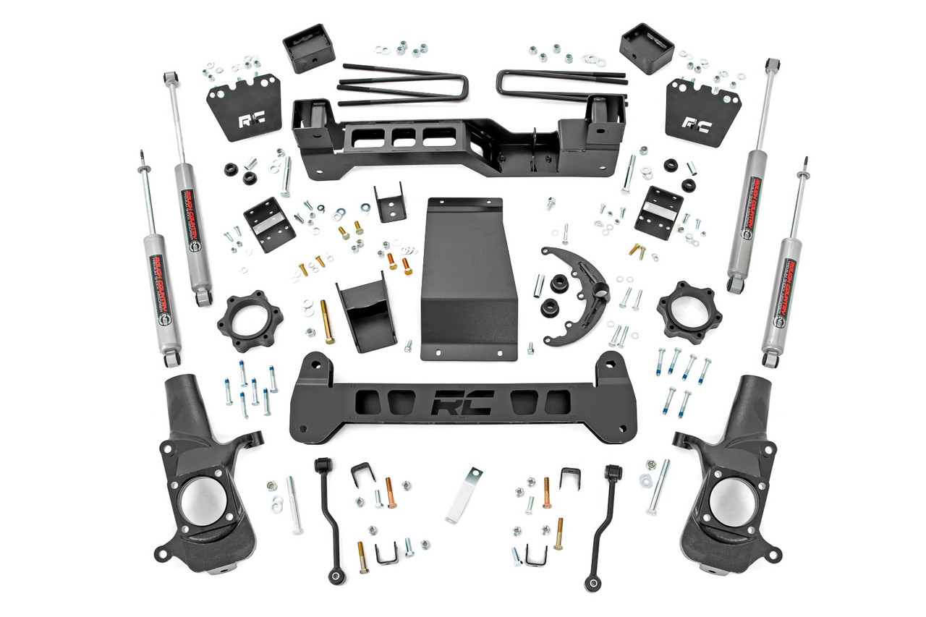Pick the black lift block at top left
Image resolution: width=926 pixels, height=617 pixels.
click(308, 48)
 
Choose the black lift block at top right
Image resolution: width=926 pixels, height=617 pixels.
click(647, 48)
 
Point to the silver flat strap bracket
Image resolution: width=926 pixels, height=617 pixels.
click(463, 495)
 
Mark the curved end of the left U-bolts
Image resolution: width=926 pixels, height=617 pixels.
click(462, 87)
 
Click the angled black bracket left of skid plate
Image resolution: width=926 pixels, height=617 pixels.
click(366, 313)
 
